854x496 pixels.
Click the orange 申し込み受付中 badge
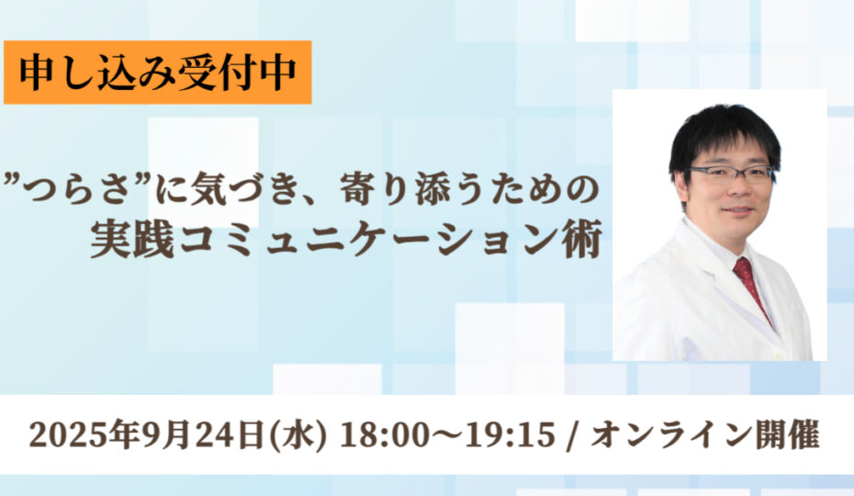click(x=157, y=72)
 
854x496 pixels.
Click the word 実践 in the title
click(x=132, y=241)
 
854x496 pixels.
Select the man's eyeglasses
click(x=730, y=175)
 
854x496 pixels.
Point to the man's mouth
click(x=738, y=209)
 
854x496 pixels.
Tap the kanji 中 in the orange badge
click(x=277, y=72)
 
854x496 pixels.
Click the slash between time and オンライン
click(x=572, y=435)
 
